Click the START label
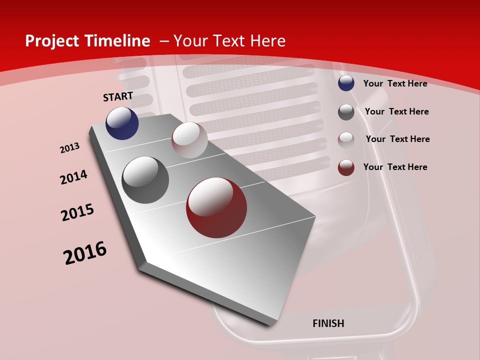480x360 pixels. pos(118,96)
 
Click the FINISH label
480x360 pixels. pos(328,323)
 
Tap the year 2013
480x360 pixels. pos(70,148)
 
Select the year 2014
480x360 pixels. pos(73,177)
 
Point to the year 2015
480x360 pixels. pos(77,212)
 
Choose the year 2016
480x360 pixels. pos(85,252)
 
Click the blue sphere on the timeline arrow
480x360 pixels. pos(122,123)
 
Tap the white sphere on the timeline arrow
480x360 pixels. pos(189,140)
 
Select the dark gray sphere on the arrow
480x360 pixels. pos(145,180)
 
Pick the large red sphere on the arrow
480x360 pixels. pos(216,207)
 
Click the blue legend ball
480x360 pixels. pos(346,83)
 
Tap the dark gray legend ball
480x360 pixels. pos(346,112)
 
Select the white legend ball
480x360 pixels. pos(346,140)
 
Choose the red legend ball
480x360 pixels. pos(346,167)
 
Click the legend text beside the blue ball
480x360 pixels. pos(395,83)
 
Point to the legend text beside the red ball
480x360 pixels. pos(395,167)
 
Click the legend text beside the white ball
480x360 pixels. pos(397,139)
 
